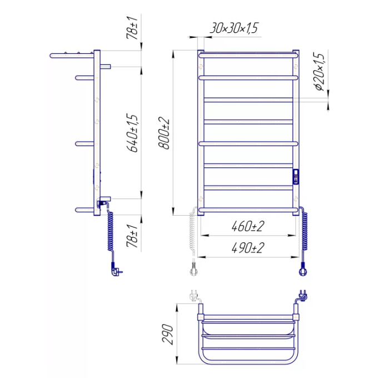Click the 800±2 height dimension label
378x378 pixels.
click(164, 133)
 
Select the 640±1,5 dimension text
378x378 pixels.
click(133, 133)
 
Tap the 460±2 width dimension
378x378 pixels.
click(248, 226)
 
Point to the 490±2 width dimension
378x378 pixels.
click(248, 248)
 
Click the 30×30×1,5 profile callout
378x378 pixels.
click(234, 28)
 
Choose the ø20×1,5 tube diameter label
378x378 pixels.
click(320, 72)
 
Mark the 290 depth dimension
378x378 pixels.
click(167, 334)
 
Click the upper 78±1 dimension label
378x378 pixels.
click(133, 28)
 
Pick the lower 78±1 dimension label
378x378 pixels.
click(133, 236)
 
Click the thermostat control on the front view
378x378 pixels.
click(296, 177)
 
